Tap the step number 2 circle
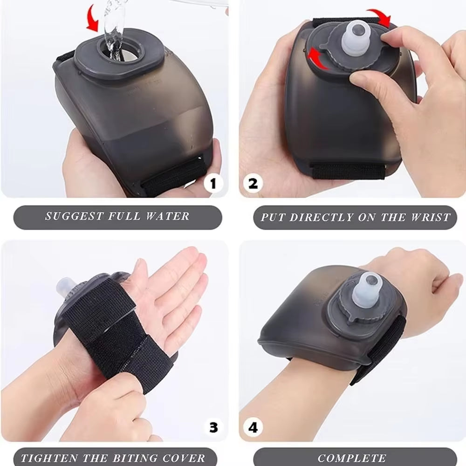click(x=253, y=183)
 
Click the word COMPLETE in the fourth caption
click(x=352, y=458)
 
